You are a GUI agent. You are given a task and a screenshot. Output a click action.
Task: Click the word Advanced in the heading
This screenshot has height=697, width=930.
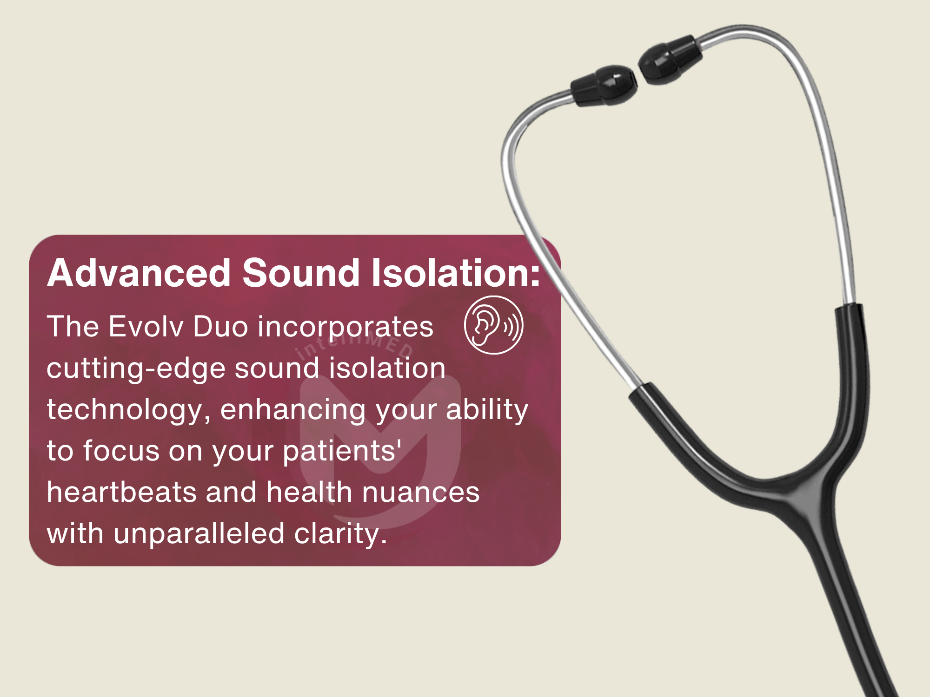139,273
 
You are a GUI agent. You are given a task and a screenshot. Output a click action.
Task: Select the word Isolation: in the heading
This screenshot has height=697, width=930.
456,273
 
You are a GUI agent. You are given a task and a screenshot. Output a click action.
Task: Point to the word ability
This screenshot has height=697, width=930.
487,410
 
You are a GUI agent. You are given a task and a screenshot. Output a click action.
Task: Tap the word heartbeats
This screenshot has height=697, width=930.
122,492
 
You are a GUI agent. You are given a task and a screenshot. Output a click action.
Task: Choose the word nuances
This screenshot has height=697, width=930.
421,493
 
